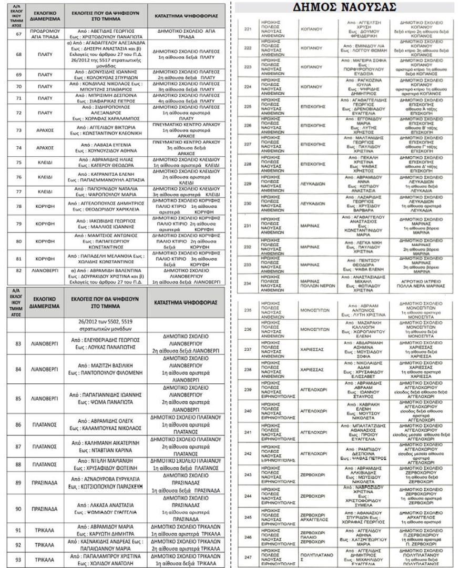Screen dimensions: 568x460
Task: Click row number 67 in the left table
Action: click(x=19, y=34)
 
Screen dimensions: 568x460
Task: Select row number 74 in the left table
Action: click(x=19, y=148)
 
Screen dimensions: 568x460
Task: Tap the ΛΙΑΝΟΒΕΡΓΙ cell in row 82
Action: click(x=48, y=270)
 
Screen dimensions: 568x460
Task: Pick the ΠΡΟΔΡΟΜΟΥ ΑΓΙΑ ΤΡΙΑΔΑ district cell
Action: click(x=48, y=34)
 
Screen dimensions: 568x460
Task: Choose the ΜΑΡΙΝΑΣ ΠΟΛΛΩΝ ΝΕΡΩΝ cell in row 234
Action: click(x=315, y=283)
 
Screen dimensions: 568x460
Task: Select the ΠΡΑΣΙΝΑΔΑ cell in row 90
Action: click(x=48, y=509)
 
